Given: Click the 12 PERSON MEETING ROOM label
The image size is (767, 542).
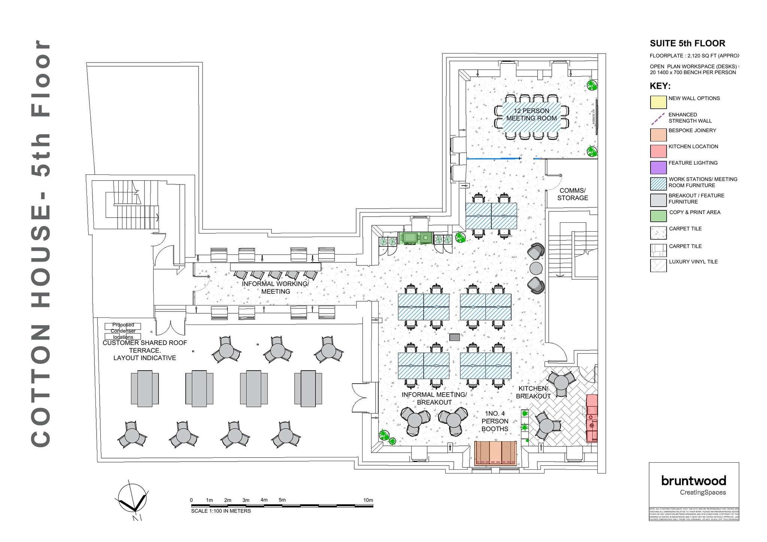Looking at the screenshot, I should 531,115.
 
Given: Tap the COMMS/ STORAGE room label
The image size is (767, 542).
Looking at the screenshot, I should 572,194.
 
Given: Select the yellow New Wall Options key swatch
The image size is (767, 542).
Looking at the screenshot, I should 658,102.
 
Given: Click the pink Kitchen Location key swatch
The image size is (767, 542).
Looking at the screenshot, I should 658,151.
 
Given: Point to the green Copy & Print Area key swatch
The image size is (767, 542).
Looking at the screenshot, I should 658,216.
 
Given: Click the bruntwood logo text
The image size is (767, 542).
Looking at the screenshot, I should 693,481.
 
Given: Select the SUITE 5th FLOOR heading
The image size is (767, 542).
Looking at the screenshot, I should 687,43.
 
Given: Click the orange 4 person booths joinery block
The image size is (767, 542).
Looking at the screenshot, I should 495,453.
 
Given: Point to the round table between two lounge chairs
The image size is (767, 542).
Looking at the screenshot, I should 536,268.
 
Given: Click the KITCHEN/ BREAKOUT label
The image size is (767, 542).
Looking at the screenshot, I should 533,392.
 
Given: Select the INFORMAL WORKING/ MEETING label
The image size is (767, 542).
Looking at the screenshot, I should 275,287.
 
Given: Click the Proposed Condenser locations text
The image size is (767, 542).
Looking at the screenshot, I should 123,331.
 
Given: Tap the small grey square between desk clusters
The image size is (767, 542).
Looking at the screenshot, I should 454,337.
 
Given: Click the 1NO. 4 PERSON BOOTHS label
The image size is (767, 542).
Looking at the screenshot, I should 495,421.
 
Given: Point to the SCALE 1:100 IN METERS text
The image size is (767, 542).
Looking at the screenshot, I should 221,511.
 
